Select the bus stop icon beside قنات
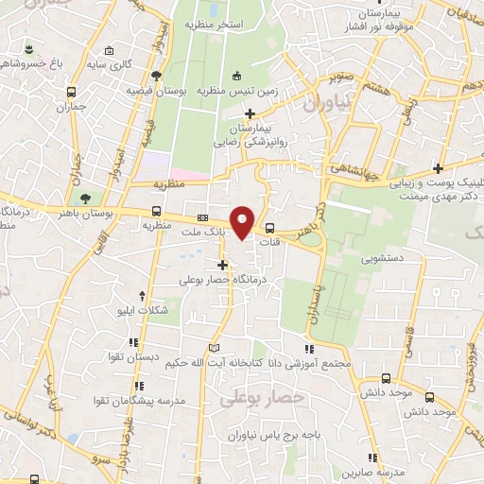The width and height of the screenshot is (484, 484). (270, 227)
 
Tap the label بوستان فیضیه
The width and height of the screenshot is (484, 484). (155, 92)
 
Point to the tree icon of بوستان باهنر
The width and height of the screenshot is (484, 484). (86, 199)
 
